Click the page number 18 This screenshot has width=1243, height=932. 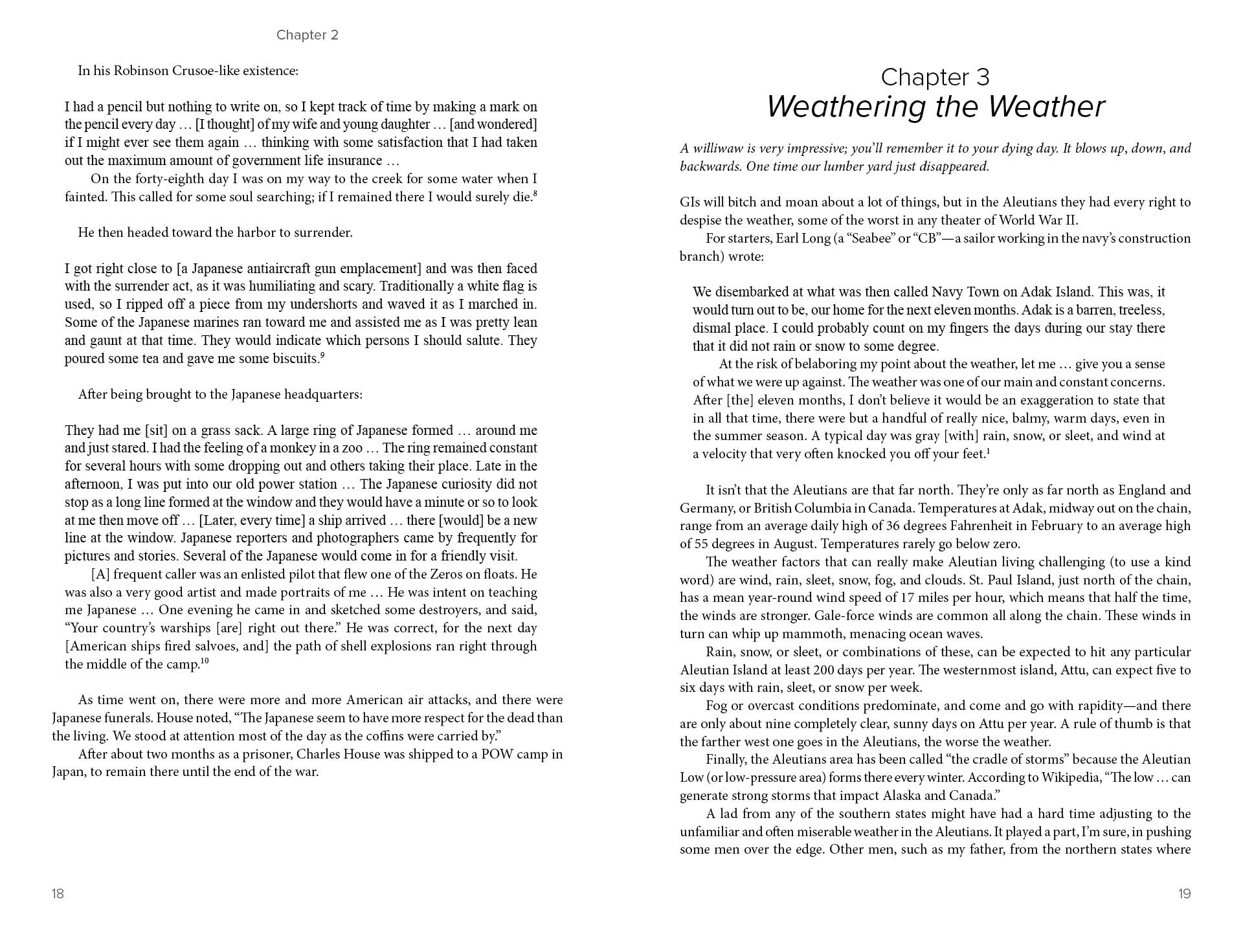tap(58, 894)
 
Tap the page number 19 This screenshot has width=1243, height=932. tap(1184, 894)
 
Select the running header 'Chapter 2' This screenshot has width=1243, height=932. tap(307, 35)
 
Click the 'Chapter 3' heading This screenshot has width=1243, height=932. tap(935, 77)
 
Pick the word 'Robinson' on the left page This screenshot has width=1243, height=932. tap(140, 71)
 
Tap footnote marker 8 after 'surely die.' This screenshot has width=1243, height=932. tap(535, 193)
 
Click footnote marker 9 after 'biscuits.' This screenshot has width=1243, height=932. tap(322, 355)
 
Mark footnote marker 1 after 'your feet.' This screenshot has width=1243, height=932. tap(988, 450)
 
